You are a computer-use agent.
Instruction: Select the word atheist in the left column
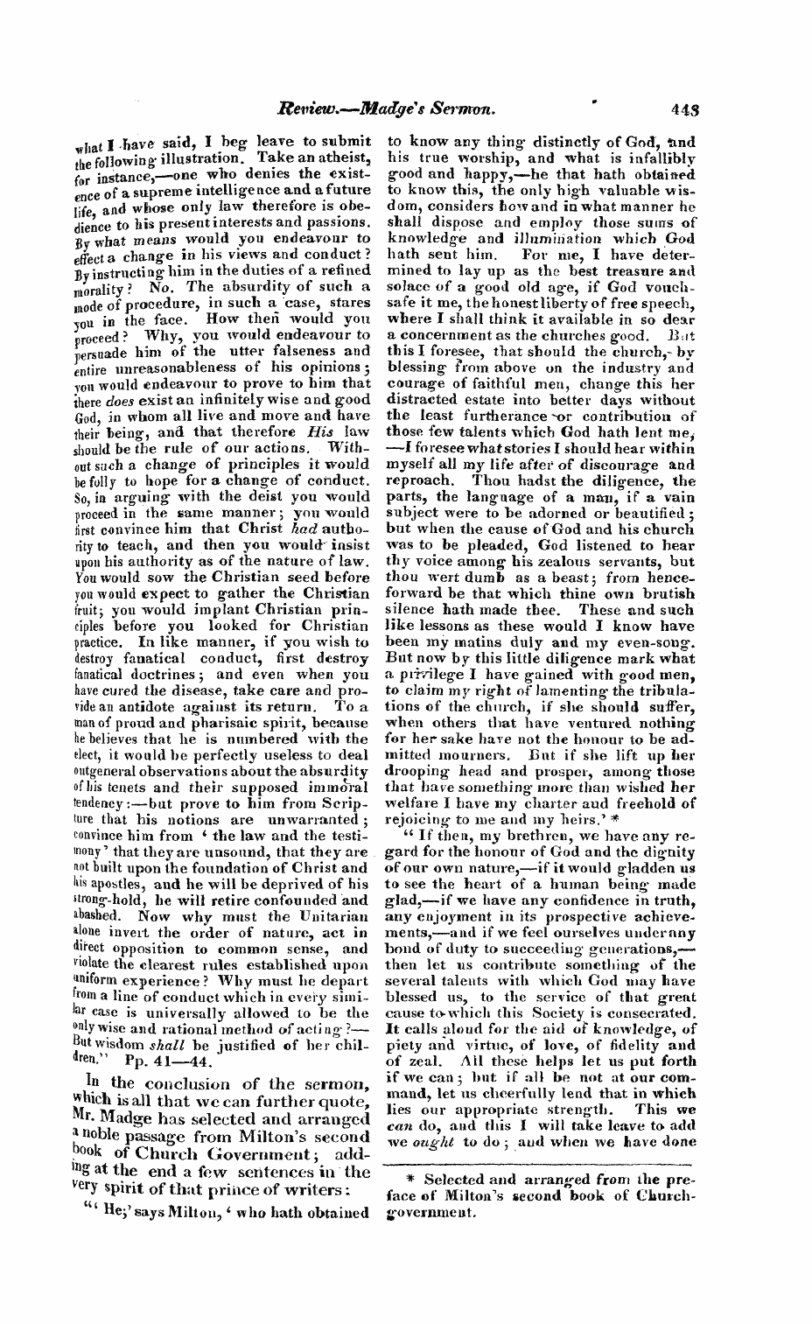point(346,160)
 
